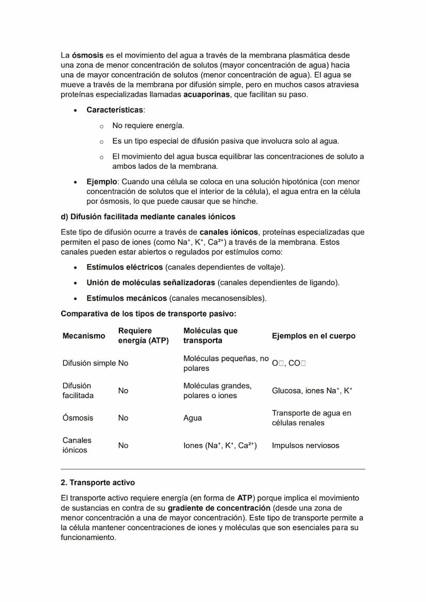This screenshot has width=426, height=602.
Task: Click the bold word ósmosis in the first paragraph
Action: point(87,55)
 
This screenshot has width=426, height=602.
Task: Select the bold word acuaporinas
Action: point(206,95)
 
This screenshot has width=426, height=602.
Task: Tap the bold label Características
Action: point(115,110)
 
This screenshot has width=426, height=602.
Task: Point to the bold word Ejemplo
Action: point(102,182)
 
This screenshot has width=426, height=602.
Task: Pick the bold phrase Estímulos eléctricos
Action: point(125,267)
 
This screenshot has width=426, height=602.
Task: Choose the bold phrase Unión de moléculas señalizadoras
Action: point(151,283)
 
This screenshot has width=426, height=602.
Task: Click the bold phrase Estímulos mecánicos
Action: point(127,298)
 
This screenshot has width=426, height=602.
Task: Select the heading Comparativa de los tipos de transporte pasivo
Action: point(148,314)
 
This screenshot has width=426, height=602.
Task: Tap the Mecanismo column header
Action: point(84,336)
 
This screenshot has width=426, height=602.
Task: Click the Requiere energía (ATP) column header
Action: point(143,336)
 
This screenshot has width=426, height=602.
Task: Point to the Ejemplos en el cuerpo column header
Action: point(313,336)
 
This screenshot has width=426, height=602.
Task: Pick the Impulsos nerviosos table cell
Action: point(306,446)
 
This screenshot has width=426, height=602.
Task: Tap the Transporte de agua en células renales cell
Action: point(311,418)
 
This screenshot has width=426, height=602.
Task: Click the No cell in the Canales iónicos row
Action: point(123,446)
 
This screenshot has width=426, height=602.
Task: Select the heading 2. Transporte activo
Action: point(98,483)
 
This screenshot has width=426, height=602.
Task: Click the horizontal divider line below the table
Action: point(212,469)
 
